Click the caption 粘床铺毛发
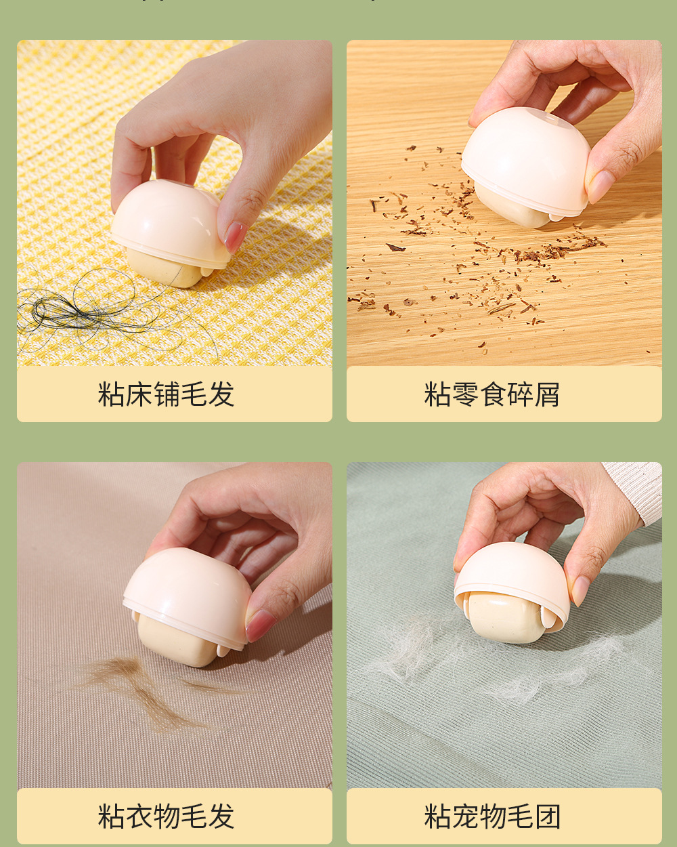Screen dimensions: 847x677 tap(166, 394)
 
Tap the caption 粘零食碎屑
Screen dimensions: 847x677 tap(492, 394)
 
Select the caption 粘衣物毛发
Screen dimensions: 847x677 tap(166, 817)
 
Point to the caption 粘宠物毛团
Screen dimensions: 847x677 tap(492, 817)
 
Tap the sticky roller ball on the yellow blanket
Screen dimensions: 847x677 tap(162, 268)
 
